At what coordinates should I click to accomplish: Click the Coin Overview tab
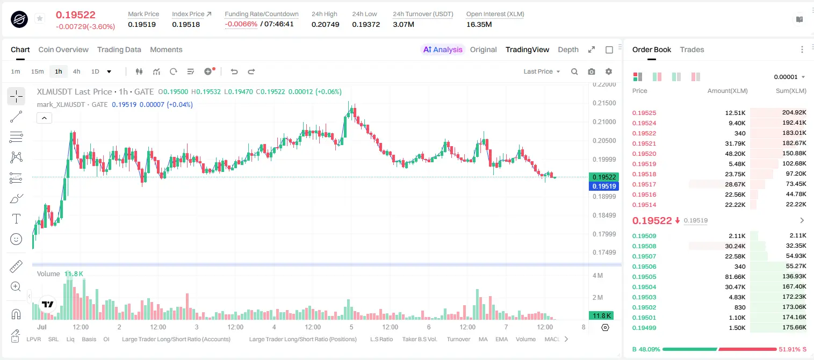click(x=63, y=49)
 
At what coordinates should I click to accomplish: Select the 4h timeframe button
click(x=76, y=71)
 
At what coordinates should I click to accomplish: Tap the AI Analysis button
click(x=443, y=49)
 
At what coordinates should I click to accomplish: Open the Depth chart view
click(x=568, y=49)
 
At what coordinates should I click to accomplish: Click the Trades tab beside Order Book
click(x=692, y=49)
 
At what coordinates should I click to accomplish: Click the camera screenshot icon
click(x=592, y=71)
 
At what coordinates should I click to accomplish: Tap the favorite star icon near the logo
click(x=40, y=18)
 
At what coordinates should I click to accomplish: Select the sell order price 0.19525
click(x=644, y=113)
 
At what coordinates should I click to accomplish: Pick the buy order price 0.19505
click(x=644, y=277)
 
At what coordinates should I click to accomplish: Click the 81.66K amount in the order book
click(x=735, y=277)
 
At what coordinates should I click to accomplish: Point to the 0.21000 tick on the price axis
click(x=604, y=121)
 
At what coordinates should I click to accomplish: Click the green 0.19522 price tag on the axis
click(x=604, y=177)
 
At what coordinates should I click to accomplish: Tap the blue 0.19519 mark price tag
click(x=604, y=186)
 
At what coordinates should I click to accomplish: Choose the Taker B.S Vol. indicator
click(x=419, y=339)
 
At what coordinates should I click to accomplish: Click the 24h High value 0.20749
click(x=325, y=24)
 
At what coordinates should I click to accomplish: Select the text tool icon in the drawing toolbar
click(x=16, y=219)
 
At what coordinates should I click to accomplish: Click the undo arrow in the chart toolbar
click(x=234, y=71)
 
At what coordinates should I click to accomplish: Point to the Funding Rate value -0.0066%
click(x=241, y=24)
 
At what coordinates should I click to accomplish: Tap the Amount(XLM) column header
click(x=727, y=91)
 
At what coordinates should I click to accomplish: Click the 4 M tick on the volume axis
click(x=598, y=275)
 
